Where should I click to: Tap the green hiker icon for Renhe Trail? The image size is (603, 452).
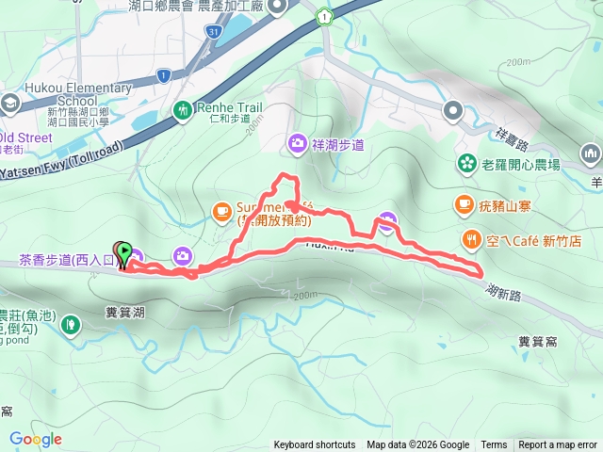[x=183, y=110]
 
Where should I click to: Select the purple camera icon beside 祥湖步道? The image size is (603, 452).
[x=297, y=143]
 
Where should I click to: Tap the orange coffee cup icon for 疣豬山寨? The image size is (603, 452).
[x=463, y=202]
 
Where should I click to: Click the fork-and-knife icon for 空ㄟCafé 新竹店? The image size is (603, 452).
[x=470, y=240]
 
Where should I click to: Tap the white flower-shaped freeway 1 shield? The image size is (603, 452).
[x=324, y=16]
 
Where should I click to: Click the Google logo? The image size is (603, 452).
[x=35, y=439]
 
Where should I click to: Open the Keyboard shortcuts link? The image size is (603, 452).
[x=315, y=445]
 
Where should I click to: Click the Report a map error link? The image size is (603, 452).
[x=558, y=445]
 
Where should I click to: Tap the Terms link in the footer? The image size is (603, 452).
[x=494, y=445]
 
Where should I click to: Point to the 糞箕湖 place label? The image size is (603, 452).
[x=124, y=311]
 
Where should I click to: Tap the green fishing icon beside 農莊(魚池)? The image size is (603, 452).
[x=69, y=326]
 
